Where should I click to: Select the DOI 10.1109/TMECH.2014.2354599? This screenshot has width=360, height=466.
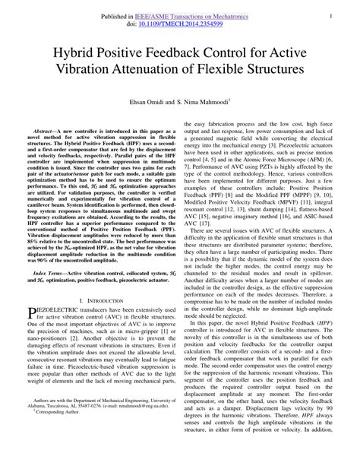(x=182, y=24)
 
